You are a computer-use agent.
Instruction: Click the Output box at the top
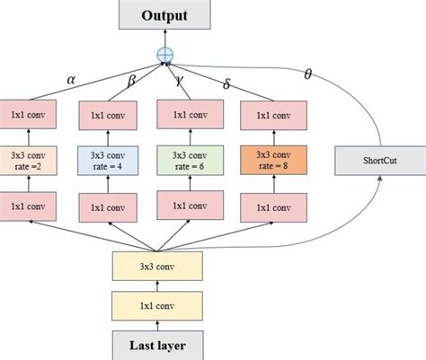tap(164, 16)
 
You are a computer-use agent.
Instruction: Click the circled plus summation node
tap(164, 55)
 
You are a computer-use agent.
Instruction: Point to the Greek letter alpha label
tap(72, 78)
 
